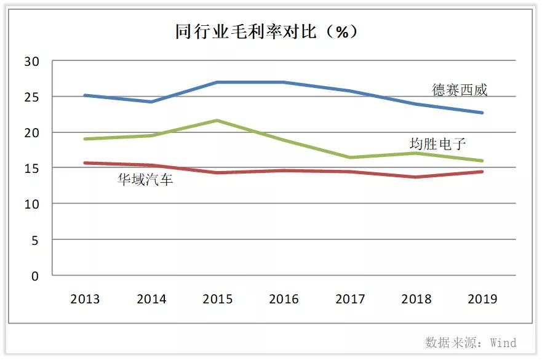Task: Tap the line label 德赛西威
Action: [459, 90]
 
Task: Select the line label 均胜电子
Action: [437, 144]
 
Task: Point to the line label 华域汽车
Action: [145, 180]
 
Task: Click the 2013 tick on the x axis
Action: [85, 299]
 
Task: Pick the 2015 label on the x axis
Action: [218, 299]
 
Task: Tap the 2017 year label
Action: [350, 299]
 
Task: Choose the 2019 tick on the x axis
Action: [482, 299]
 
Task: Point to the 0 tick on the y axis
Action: [35, 276]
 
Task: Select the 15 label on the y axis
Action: [32, 169]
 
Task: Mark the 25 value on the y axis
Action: [32, 97]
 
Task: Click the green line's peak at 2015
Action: [218, 121]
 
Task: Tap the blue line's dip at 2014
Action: [151, 102]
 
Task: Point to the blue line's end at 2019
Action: [482, 113]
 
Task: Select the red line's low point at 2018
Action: [416, 177]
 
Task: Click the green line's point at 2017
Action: [350, 158]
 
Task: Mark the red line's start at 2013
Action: [86, 163]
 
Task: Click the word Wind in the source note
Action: [503, 342]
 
